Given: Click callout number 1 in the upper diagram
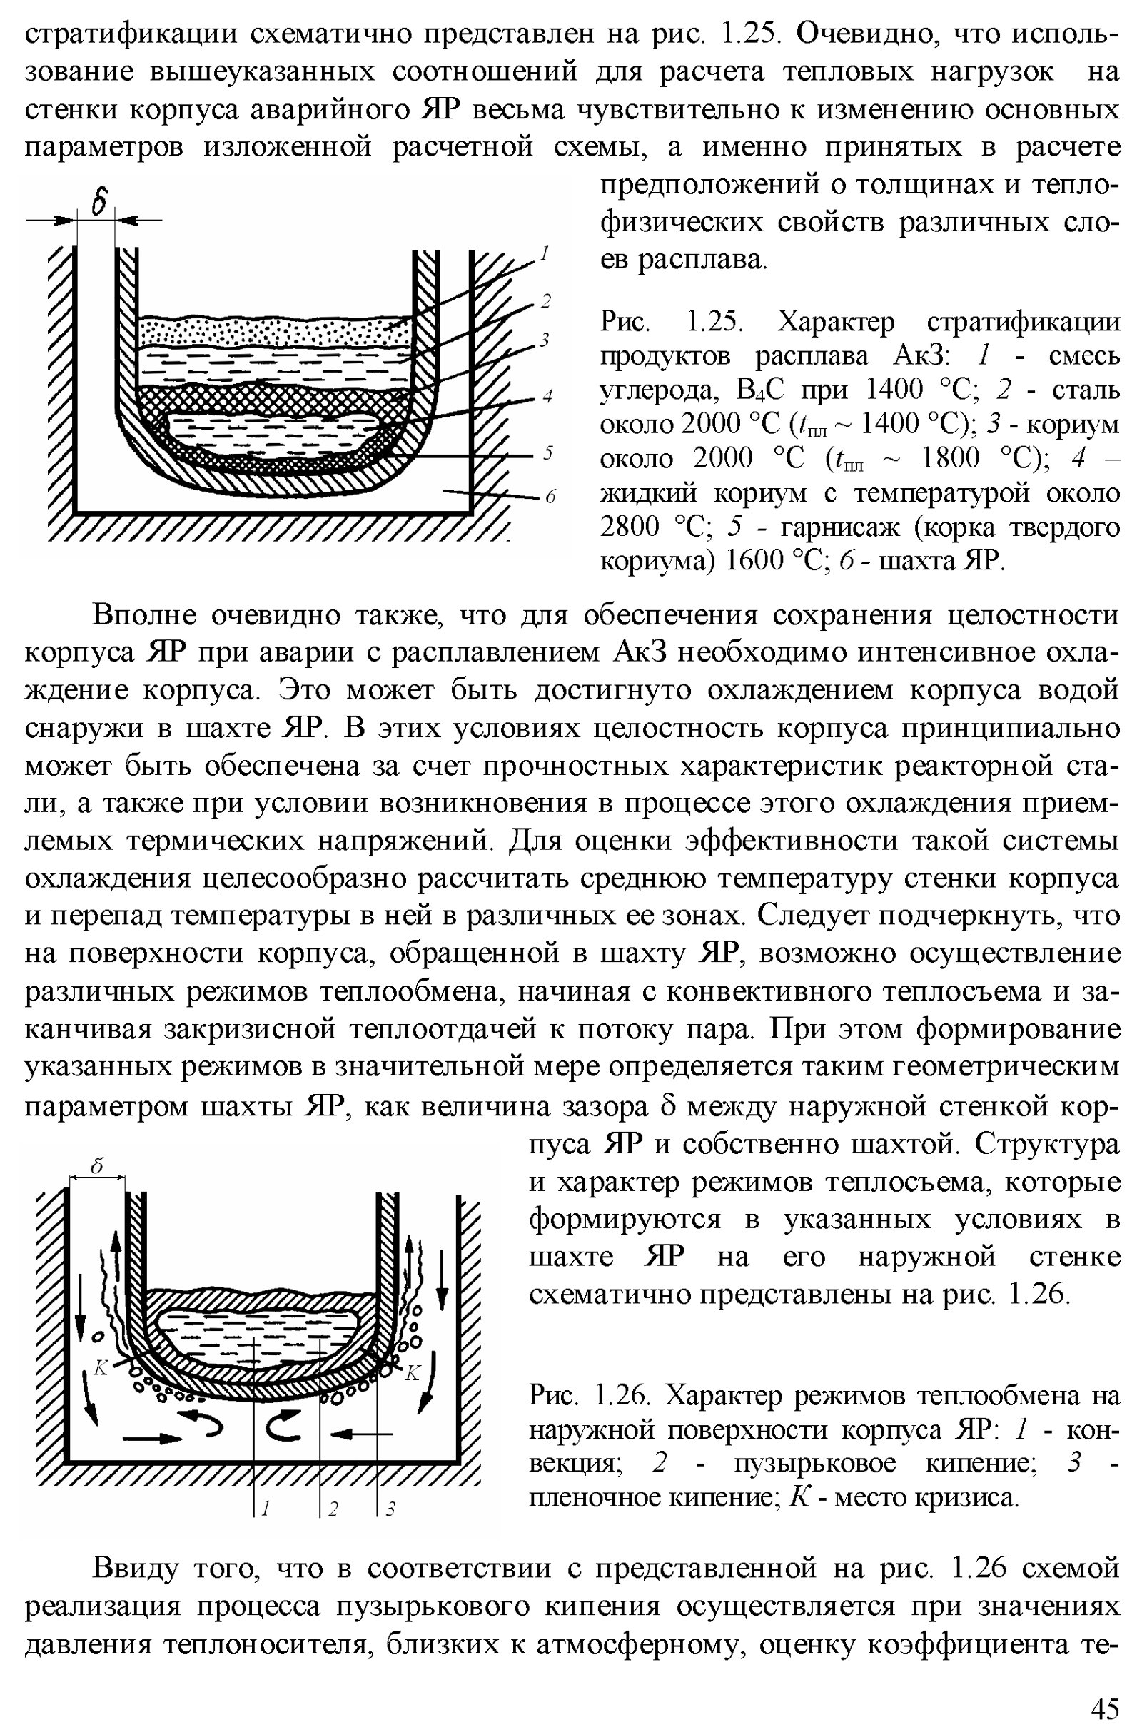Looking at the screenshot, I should coord(542,255).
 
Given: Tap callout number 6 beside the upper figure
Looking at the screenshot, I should coord(550,497).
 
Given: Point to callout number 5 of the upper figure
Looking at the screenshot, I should coord(548,453).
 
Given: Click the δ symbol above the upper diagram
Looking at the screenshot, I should coord(100,201).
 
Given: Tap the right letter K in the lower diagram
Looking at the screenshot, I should coord(413,1373).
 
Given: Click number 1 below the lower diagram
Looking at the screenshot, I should coord(265,1509).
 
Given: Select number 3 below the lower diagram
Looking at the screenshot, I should coord(390,1509).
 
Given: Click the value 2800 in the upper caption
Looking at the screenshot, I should coord(630,527).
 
